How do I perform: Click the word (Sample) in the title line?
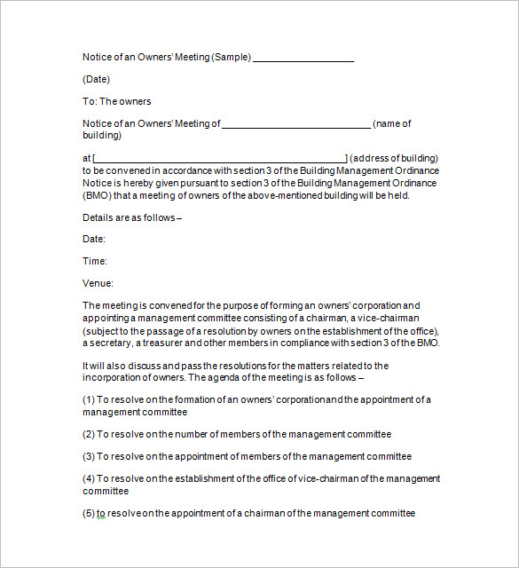point(232,57)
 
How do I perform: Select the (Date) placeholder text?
point(96,79)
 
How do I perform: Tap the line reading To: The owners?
point(117,101)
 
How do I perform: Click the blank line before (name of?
point(295,125)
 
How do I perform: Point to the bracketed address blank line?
point(220,159)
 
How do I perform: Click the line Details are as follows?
point(132,217)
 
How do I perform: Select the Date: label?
point(94,239)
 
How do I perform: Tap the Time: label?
point(95,261)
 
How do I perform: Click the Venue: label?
point(98,283)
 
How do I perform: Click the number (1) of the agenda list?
point(89,399)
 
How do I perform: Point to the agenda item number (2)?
point(89,434)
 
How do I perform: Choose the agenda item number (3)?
point(89,456)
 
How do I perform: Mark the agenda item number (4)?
point(89,478)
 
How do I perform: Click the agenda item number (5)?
point(89,513)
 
